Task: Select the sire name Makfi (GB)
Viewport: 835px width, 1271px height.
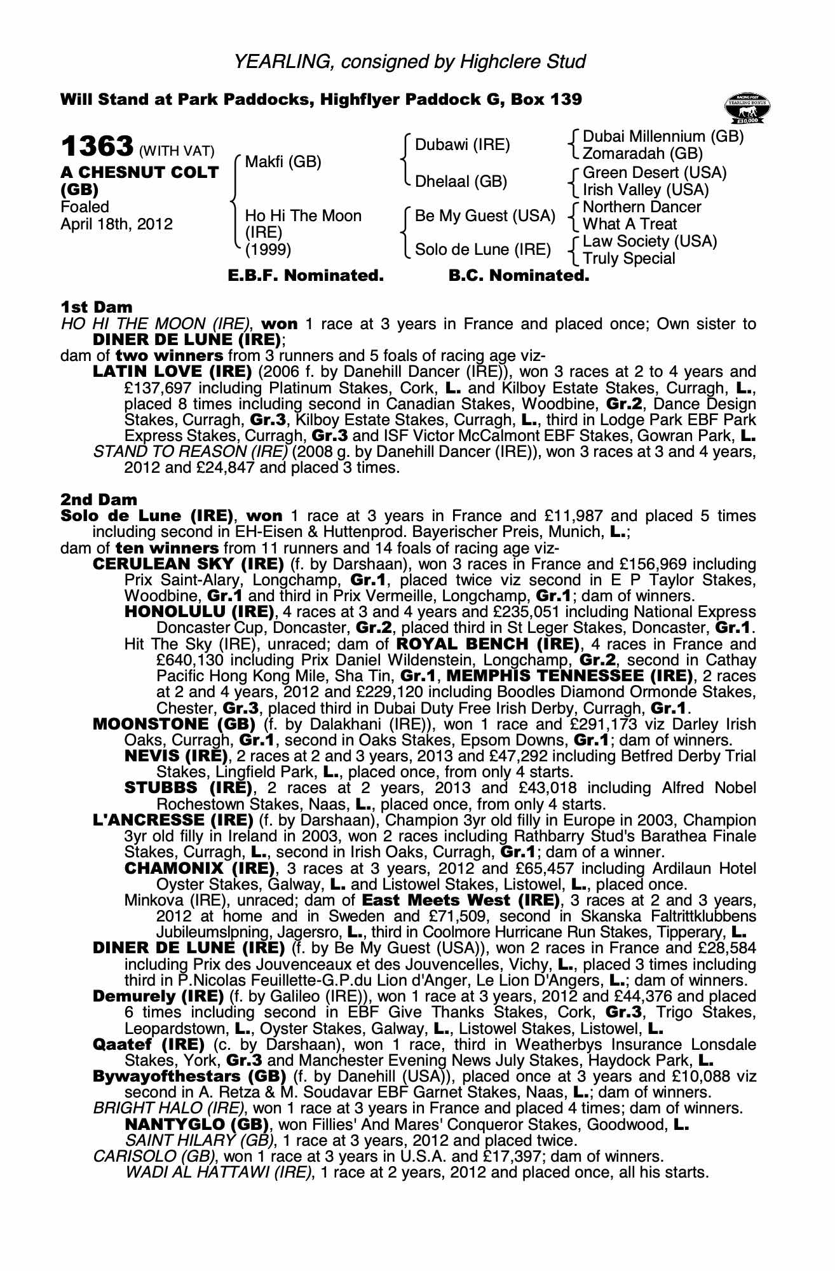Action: tap(283, 163)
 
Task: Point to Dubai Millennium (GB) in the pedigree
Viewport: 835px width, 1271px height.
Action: tap(663, 137)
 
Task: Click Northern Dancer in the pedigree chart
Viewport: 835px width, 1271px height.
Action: tap(642, 207)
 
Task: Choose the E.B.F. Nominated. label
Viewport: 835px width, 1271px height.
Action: tap(306, 276)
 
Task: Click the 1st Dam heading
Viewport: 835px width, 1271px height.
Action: tap(97, 308)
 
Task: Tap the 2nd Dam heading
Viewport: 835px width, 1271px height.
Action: tap(98, 500)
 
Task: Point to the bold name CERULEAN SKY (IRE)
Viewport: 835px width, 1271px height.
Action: tap(188, 564)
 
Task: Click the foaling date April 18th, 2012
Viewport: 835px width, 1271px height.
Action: tap(116, 224)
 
